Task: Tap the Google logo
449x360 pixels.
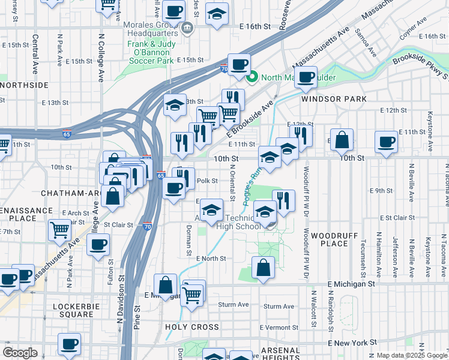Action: click(x=20, y=353)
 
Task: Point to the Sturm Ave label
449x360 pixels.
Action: click(x=234, y=305)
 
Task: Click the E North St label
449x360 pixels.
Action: click(x=210, y=258)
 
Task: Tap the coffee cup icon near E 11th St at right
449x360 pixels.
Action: click(x=385, y=142)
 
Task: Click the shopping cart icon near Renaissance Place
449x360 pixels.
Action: click(x=59, y=230)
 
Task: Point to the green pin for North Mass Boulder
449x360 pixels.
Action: click(x=253, y=76)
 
